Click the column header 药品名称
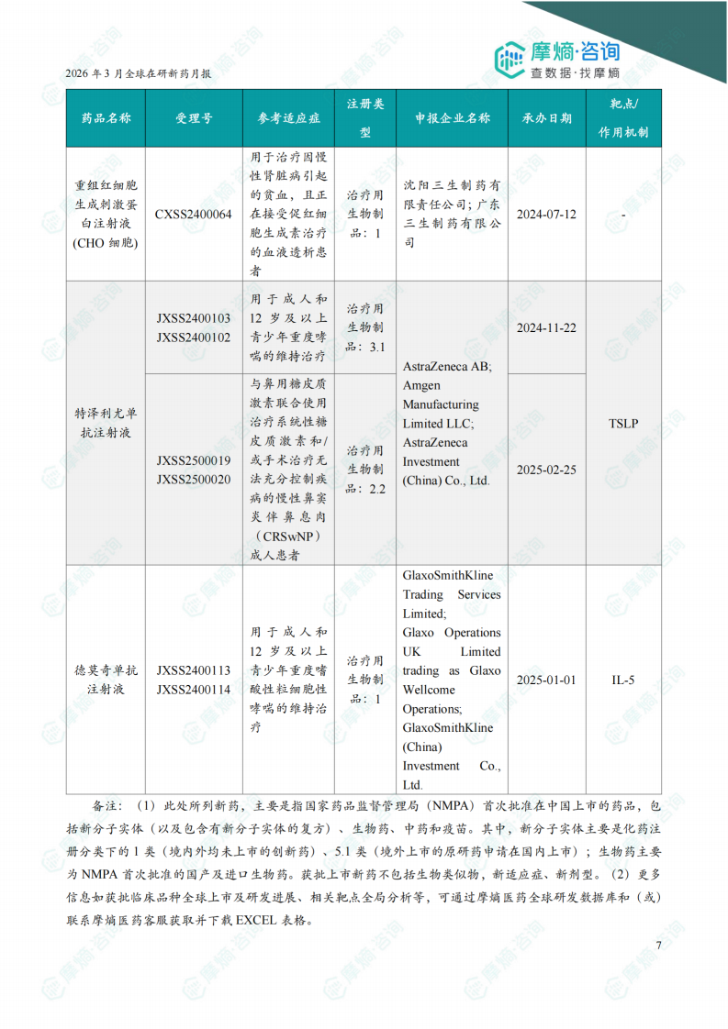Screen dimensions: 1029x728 106,118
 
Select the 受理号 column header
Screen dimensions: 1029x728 194,118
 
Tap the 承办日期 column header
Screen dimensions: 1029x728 546,118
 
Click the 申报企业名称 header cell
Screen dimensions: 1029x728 452,118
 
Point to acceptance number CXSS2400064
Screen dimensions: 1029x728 194,215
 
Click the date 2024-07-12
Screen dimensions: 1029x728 546,215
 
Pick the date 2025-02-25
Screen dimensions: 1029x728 546,470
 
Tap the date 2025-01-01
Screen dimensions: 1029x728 546,680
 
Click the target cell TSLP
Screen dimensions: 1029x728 623,424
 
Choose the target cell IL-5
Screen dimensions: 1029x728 623,680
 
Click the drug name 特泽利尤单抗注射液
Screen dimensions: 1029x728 106,423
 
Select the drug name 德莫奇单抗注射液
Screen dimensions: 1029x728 106,680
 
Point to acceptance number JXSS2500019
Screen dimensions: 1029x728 194,460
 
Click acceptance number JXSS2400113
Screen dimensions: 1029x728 194,670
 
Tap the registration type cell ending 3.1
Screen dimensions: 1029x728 364,327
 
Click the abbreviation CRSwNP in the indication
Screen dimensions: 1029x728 287,537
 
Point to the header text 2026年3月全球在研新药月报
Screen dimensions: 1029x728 139,74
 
